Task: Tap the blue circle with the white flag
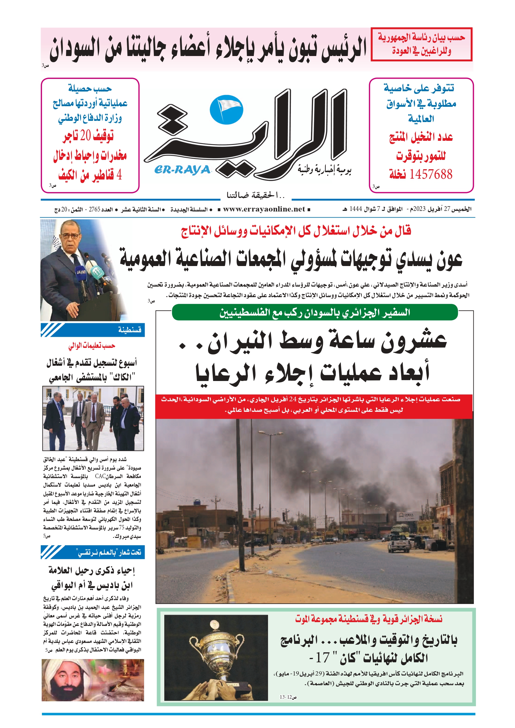pyautogui.click(x=227, y=110)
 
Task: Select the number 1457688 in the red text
pyautogui.click(x=430, y=174)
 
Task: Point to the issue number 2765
pyautogui.click(x=94, y=209)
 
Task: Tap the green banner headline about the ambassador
pyautogui.click(x=315, y=312)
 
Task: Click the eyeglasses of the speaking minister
pyautogui.click(x=70, y=236)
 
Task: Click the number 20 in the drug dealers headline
pyautogui.click(x=85, y=136)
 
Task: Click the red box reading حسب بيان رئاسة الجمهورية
pyautogui.click(x=421, y=44)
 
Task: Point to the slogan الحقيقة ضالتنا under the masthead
pyautogui.click(x=255, y=195)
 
